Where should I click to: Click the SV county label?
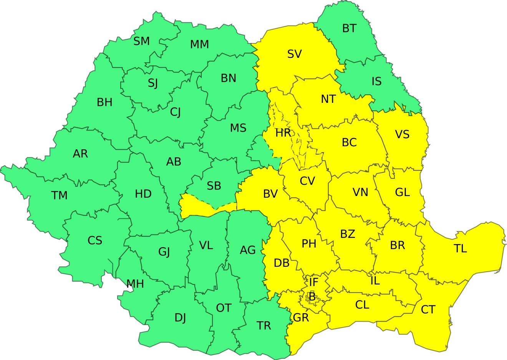click(295, 54)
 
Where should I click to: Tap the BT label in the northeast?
click(349, 28)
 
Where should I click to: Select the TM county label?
click(60, 196)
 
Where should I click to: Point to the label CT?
click(428, 310)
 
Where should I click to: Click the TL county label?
click(461, 249)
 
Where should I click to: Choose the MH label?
click(135, 284)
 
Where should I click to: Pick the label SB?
click(214, 186)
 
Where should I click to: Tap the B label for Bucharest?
click(312, 297)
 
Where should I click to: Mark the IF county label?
click(314, 282)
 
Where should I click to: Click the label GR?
click(301, 318)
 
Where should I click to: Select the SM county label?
click(142, 41)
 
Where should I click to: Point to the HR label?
click(283, 133)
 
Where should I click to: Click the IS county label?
click(376, 81)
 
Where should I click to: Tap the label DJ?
click(180, 318)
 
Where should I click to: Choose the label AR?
click(80, 154)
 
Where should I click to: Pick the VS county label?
click(402, 135)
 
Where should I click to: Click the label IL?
click(375, 281)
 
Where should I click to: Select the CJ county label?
click(175, 112)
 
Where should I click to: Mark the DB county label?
click(282, 263)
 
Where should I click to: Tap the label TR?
click(264, 326)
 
